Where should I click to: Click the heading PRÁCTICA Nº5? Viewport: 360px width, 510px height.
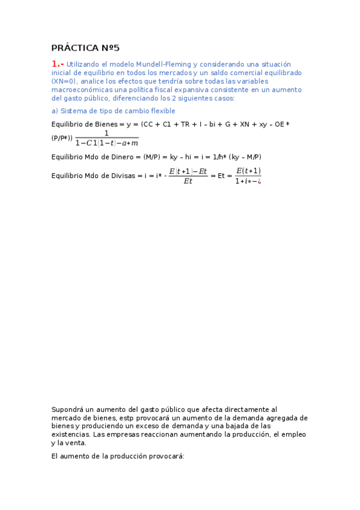pyautogui.click(x=86, y=48)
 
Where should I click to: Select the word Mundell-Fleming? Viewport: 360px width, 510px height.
pyautogui.click(x=161, y=64)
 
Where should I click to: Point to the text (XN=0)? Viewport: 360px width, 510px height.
pyautogui.click(x=64, y=81)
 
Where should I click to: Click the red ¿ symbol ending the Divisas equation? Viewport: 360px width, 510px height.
pyautogui.click(x=259, y=181)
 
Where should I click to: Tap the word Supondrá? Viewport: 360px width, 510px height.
pyautogui.click(x=69, y=409)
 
